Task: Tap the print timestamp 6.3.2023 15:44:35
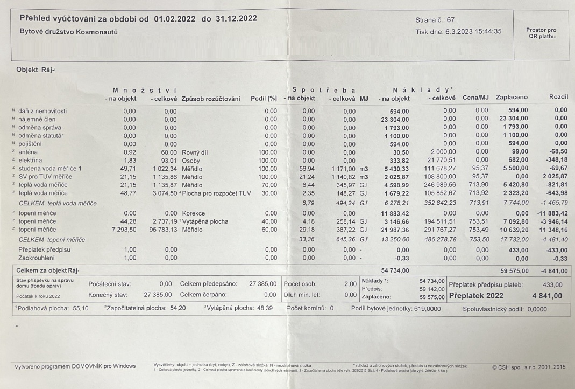473,31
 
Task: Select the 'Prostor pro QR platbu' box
541,33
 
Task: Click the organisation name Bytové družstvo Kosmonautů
68,32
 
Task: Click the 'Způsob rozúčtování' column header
211,98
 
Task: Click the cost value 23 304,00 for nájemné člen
395,119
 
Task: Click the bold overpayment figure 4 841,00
547,296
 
